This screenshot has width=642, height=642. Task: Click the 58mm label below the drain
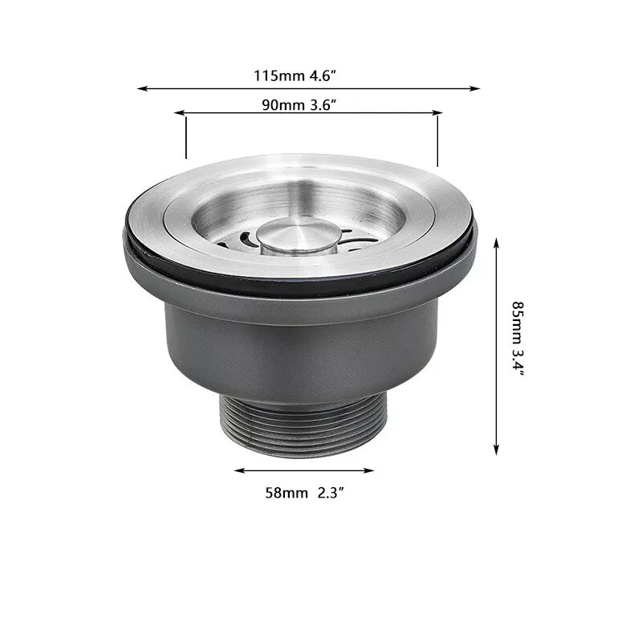pos(286,494)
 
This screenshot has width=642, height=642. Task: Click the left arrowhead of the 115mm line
pos(142,88)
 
